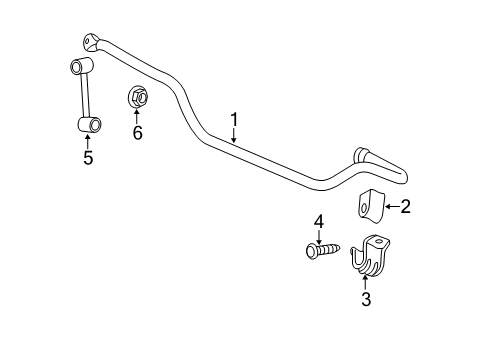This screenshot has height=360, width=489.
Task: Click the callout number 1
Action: pyautogui.click(x=234, y=123)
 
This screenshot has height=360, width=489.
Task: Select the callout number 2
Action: pyautogui.click(x=406, y=208)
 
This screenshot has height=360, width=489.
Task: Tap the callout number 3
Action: pyautogui.click(x=365, y=299)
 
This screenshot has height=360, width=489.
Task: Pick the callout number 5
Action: pyautogui.click(x=88, y=157)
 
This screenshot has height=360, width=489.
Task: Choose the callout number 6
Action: pyautogui.click(x=137, y=131)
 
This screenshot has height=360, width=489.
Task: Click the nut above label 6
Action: pyautogui.click(x=136, y=96)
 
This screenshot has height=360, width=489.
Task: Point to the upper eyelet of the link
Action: pyautogui.click(x=77, y=67)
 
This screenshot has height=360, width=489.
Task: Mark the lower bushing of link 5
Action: pyautogui.click(x=88, y=124)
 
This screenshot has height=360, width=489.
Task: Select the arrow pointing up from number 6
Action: pyautogui.click(x=137, y=115)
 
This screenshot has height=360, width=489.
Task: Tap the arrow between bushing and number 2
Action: pyautogui.click(x=392, y=208)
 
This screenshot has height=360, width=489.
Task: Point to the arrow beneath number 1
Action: pyautogui.click(x=235, y=138)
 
